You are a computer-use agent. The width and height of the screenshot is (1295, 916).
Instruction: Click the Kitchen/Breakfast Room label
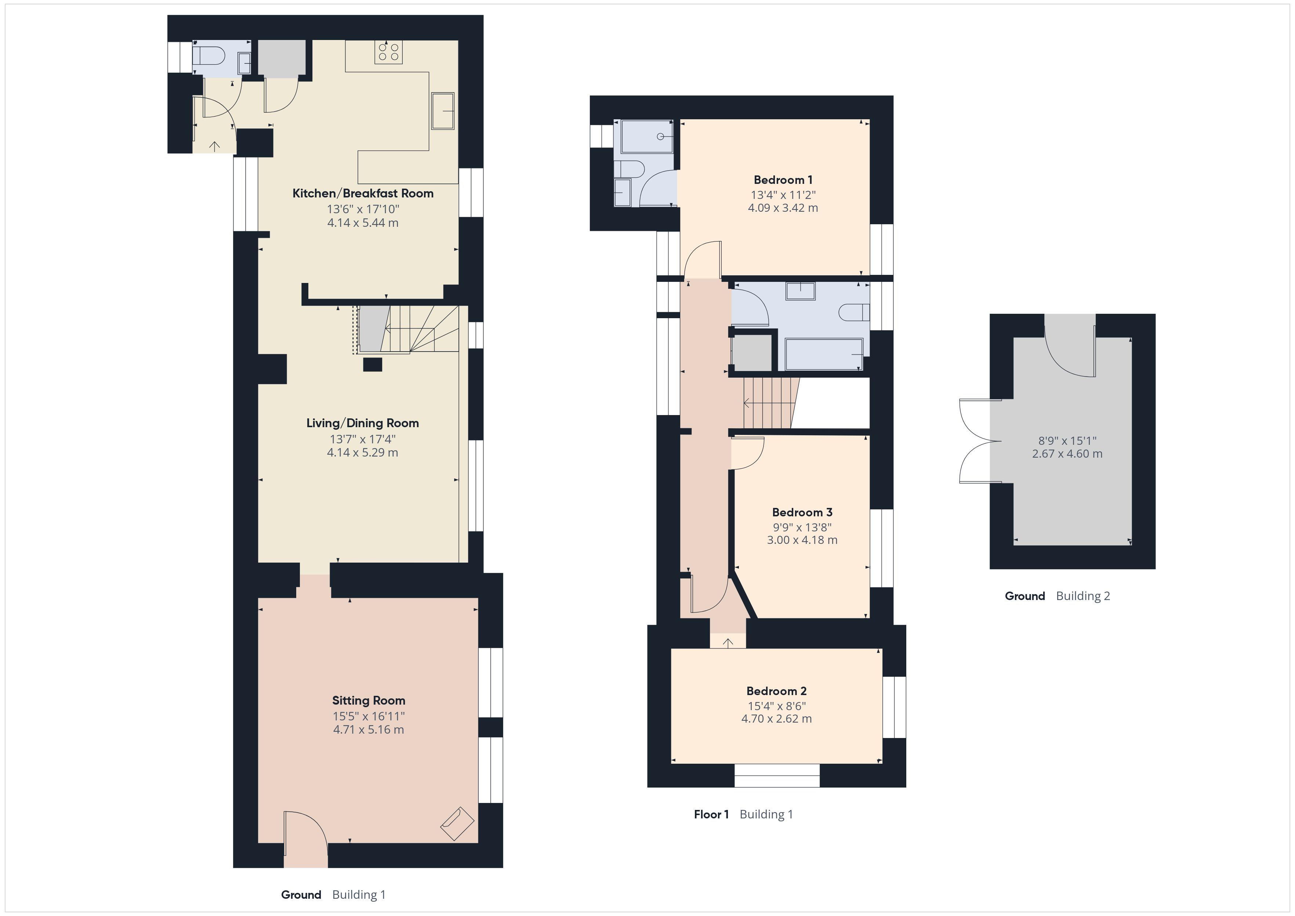tap(363, 193)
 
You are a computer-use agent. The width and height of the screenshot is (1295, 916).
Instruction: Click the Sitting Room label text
tap(368, 701)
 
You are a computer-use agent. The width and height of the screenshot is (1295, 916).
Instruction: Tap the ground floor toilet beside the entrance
tap(209, 55)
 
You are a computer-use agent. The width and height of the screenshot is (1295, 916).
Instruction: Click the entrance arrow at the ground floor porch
tap(214, 146)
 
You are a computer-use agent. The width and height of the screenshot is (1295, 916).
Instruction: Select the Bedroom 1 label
tap(783, 180)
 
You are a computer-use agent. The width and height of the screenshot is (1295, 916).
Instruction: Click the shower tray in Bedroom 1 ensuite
tap(646, 137)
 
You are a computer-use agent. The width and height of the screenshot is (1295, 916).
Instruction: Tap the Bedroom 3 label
tap(802, 512)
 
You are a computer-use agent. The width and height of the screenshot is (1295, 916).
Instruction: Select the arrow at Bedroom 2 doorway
tap(728, 643)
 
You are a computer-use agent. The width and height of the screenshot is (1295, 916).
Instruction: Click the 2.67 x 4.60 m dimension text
tap(1067, 454)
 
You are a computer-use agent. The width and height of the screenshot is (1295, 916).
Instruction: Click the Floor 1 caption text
tap(711, 814)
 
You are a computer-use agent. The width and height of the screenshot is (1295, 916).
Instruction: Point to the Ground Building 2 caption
tap(1057, 596)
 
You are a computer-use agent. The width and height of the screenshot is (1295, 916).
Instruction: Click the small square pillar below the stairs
tap(372, 364)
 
